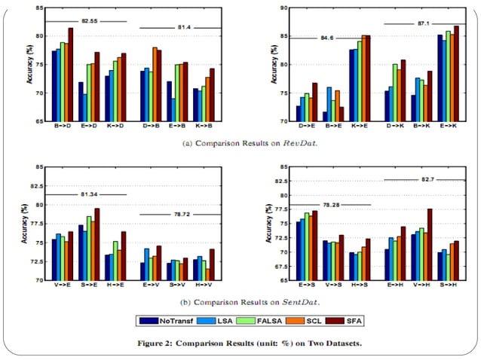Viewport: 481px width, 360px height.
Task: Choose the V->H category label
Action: pos(424,287)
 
